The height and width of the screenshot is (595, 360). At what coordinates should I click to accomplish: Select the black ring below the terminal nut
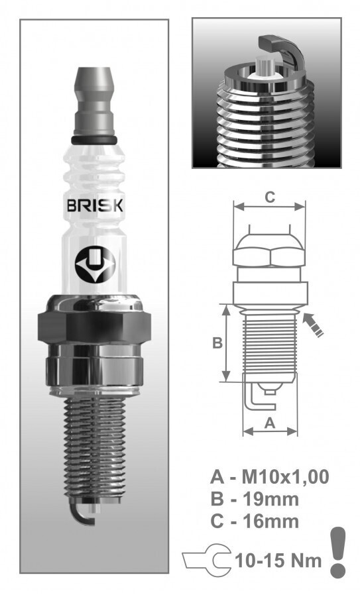pyautogui.click(x=94, y=140)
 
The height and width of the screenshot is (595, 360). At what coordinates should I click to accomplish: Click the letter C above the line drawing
pyautogui.click(x=270, y=197)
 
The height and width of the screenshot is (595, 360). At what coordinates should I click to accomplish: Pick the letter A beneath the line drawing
pyautogui.click(x=269, y=423)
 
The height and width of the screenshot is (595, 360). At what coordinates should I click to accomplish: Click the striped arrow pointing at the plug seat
pyautogui.click(x=313, y=325)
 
